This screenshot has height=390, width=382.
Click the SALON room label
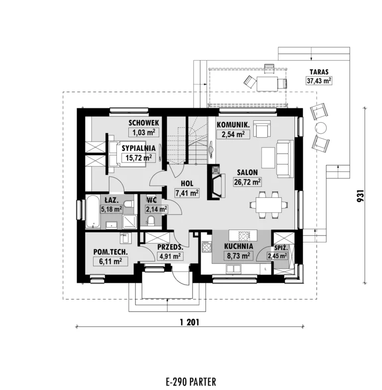pos(247,172)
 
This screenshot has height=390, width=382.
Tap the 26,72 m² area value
pos(247,182)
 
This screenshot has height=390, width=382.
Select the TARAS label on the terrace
pos(319,72)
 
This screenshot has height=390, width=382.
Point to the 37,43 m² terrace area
pos(319,80)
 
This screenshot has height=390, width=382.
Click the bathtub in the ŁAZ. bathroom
pos(93,212)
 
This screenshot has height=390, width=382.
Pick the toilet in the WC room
pos(151,221)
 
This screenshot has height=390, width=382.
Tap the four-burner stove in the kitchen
pos(207,247)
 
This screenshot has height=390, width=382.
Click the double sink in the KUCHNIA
pos(233,269)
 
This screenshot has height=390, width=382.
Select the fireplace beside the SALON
pos(216,182)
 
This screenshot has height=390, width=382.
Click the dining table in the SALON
pos(269,205)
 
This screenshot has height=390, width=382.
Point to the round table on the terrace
pos(320,128)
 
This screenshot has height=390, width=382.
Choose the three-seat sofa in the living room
pos(286,158)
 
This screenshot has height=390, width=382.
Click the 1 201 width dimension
pos(190,322)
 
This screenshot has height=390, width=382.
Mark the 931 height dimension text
pos(361,196)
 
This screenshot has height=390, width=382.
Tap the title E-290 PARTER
pos(191,382)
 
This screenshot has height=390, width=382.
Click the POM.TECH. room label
pos(110,252)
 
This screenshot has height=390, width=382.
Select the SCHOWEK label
pos(144,123)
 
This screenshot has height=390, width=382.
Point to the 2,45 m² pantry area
pos(278,256)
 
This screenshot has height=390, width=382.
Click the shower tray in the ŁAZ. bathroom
pos(129,222)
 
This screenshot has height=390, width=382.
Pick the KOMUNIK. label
pos(233,125)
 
